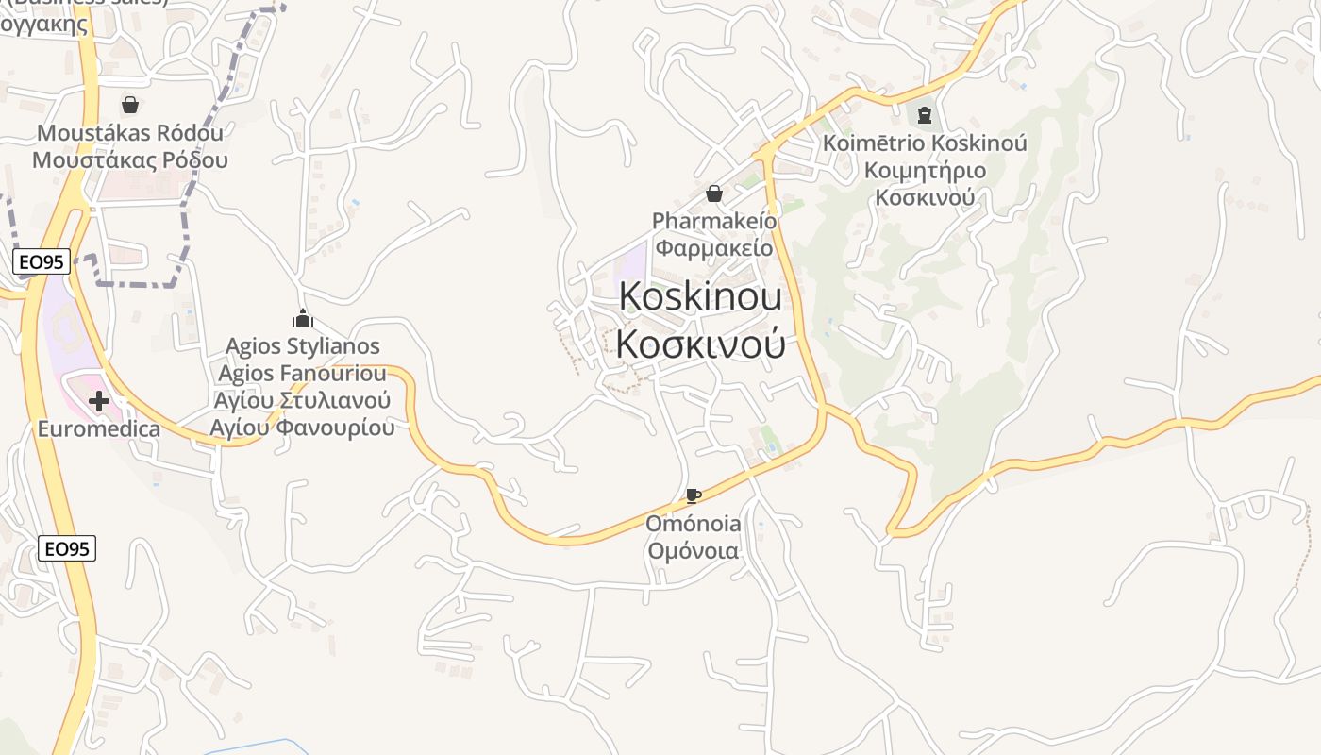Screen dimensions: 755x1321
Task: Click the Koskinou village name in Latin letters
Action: coord(700,297)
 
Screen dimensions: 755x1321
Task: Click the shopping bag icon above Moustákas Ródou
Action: coord(130,105)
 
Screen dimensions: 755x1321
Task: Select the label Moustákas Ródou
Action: coord(130,133)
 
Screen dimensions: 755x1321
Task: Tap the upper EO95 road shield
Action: coord(42,262)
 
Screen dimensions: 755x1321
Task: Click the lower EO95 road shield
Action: coord(67,548)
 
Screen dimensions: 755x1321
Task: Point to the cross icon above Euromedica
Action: coord(98,402)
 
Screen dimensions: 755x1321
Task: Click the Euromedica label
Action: coord(98,429)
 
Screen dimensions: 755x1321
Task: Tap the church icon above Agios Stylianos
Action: coord(302,318)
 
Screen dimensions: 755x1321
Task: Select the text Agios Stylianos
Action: coord(302,346)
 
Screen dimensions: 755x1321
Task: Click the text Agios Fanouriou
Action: coord(302,374)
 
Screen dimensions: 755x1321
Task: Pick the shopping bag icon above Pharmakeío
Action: coord(714,193)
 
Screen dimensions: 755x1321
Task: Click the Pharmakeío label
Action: coord(714,221)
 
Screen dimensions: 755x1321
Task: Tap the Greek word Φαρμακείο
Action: coord(714,248)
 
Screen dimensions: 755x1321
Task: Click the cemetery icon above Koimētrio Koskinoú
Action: coord(925,116)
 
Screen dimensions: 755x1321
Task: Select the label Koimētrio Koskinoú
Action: coord(925,143)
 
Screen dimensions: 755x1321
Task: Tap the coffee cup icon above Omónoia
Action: coord(694,496)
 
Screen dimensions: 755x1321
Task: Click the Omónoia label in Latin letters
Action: coord(694,524)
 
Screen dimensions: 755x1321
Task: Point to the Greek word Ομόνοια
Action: coord(694,551)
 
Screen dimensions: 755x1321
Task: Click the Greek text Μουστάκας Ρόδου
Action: coord(130,159)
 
